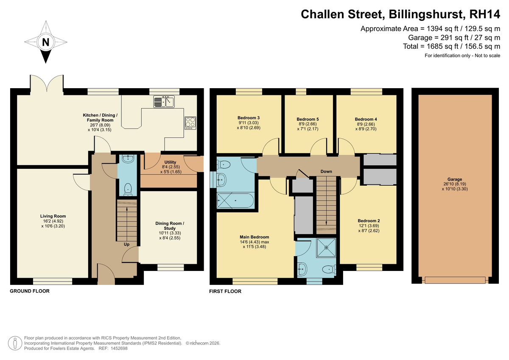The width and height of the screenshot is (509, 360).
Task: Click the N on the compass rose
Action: pyautogui.click(x=46, y=42)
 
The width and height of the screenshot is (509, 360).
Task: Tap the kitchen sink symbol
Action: pyautogui.click(x=164, y=101)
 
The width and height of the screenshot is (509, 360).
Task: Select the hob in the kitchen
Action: pyautogui.click(x=190, y=123)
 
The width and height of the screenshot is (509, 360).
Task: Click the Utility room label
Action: pyautogui.click(x=170, y=162)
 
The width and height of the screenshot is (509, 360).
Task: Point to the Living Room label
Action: pyautogui.click(x=53, y=216)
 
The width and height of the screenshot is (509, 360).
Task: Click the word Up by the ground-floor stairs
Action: pyautogui.click(x=126, y=244)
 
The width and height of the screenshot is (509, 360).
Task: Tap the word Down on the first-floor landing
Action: pyautogui.click(x=326, y=171)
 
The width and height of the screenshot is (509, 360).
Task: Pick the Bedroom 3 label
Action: pyautogui.click(x=249, y=118)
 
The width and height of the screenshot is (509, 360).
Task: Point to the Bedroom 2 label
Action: pyautogui.click(x=369, y=221)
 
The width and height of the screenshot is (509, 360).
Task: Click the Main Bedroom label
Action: pyautogui.click(x=255, y=237)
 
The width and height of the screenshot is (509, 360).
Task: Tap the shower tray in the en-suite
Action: pyautogui.click(x=326, y=248)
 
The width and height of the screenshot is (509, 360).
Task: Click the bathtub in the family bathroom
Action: pyautogui.click(x=235, y=201)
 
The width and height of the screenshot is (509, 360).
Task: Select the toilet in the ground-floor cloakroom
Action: pyautogui.click(x=128, y=190)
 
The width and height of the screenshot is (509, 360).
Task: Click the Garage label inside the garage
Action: pyautogui.click(x=455, y=179)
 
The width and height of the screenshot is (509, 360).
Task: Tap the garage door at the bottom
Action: pyautogui.click(x=455, y=280)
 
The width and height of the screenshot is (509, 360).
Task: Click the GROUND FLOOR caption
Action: pyautogui.click(x=30, y=291)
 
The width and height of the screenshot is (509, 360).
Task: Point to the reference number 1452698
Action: pyautogui.click(x=119, y=349)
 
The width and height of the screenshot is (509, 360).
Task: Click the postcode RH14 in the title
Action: pyautogui.click(x=485, y=14)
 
